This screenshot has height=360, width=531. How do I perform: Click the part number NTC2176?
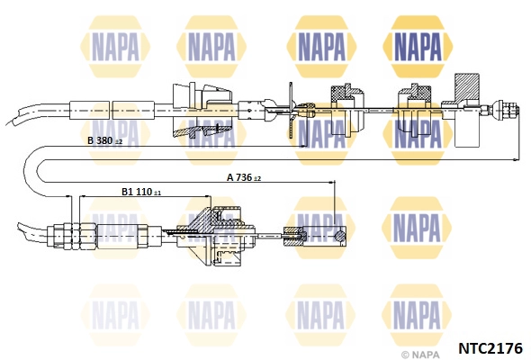point(490,348)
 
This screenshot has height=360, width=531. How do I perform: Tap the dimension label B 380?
point(100,140)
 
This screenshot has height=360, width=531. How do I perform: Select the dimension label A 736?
point(239,177)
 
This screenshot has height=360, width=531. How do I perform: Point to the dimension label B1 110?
point(137,192)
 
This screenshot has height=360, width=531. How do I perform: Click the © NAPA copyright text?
point(420,355)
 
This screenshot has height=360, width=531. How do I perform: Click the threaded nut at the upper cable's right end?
point(507,110)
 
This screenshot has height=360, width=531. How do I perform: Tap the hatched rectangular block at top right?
point(467,86)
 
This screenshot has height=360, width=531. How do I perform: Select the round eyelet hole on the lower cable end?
point(339,236)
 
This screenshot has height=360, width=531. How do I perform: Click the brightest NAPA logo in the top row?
point(418,47)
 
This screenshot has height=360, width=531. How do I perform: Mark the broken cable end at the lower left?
point(24,230)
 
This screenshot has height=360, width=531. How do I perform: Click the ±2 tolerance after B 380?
point(118,142)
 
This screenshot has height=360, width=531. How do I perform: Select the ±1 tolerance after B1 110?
point(157,193)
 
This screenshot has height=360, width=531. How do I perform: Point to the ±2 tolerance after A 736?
point(257,178)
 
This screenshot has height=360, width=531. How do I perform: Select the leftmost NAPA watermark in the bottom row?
point(115,316)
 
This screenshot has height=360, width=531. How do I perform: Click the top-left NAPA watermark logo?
point(115,47)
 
